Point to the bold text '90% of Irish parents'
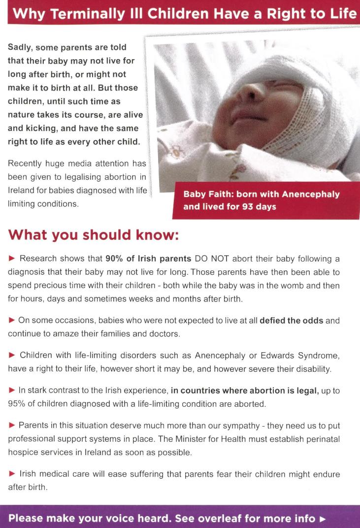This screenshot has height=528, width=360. [x=148, y=259]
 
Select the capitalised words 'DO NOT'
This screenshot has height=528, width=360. [x=211, y=259]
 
